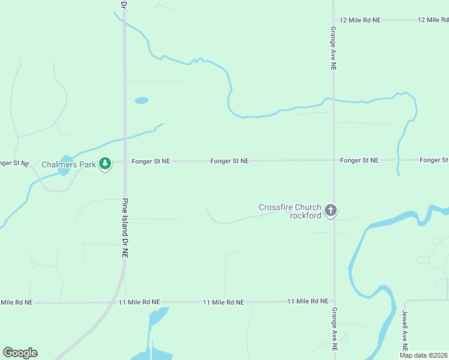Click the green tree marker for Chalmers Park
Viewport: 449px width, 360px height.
tap(105, 163)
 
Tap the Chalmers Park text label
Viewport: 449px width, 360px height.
tap(69, 164)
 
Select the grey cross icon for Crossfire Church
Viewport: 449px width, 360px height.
tap(330, 210)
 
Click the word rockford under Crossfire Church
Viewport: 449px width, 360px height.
tap(306, 215)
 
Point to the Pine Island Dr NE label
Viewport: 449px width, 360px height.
tap(125, 228)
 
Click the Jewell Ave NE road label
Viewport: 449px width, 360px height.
tap(405, 331)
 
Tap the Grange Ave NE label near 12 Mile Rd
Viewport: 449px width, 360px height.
tap(333, 48)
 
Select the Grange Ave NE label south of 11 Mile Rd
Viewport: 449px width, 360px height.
tap(334, 329)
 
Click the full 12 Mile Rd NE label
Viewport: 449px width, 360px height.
tap(360, 20)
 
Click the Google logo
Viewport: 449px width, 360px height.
tap(20, 353)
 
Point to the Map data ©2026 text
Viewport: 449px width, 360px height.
tap(423, 355)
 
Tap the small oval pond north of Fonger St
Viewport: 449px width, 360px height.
tap(141, 100)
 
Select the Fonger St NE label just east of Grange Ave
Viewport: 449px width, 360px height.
tap(359, 160)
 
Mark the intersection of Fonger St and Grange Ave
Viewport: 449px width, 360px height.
tap(334, 160)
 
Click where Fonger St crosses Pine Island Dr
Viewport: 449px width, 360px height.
tap(125, 161)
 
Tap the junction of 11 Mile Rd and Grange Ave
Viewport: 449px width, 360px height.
tap(334, 301)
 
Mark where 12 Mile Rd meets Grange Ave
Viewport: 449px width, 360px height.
tap(334, 20)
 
